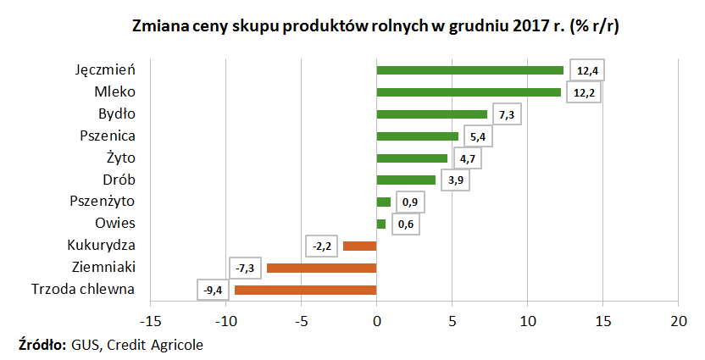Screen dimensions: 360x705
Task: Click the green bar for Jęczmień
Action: coord(469,70)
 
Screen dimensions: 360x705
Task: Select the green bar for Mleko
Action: coord(469,92)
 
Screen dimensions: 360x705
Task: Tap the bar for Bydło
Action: coord(431,114)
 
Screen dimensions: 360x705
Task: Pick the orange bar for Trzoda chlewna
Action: coord(305,290)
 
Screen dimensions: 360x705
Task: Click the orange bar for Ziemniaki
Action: coord(321,268)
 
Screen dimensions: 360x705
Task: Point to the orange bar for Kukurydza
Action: coord(359,246)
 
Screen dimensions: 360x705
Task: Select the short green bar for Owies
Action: coord(380,224)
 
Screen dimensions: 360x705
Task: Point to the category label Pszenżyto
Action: coord(103,202)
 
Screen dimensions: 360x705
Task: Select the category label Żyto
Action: coord(121,158)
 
